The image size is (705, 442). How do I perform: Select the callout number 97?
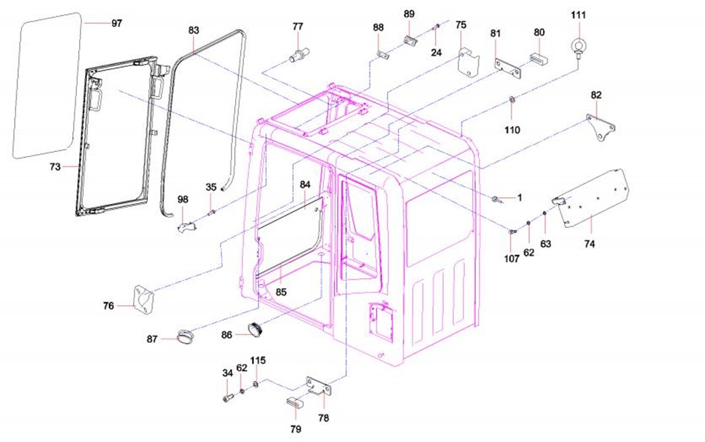coord(117,23)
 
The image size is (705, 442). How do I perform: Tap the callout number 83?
coord(194,30)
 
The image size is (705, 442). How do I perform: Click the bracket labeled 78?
coord(319,387)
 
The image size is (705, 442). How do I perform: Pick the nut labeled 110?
coord(512,102)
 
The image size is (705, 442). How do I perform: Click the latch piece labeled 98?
coord(188,224)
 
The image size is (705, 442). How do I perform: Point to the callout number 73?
coord(55,166)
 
